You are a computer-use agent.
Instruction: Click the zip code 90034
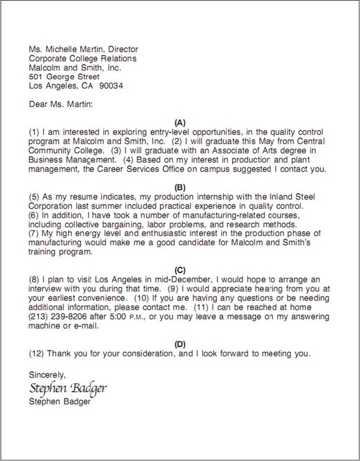point(111,86)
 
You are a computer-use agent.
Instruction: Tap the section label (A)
point(180,122)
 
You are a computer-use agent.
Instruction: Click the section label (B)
point(180,187)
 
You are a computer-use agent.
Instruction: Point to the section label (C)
point(180,270)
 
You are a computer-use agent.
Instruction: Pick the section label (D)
point(180,344)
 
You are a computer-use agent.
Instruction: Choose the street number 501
point(36,77)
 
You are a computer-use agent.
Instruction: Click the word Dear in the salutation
point(38,104)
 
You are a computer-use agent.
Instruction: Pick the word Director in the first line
point(123,49)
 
